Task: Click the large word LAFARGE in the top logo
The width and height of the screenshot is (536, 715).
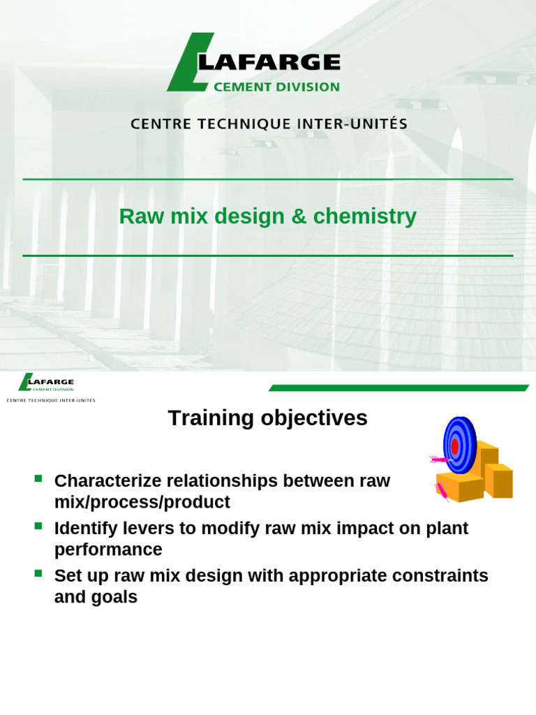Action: tap(272, 63)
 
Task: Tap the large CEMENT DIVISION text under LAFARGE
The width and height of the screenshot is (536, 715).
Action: tap(276, 87)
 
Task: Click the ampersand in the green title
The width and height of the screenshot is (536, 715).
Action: tap(299, 216)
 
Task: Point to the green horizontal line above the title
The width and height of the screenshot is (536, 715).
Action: tap(268, 179)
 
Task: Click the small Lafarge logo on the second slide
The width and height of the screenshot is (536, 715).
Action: tap(47, 383)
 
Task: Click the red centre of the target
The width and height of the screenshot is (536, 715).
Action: tap(454, 445)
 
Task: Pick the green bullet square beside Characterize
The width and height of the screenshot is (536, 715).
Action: tap(38, 479)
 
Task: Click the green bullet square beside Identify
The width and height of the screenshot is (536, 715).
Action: tap(38, 526)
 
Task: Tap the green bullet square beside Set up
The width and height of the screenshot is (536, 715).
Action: tap(38, 574)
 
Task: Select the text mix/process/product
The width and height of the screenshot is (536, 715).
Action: tap(142, 502)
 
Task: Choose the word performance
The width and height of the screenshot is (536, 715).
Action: tap(108, 550)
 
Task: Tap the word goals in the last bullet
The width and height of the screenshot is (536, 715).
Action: tap(115, 598)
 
